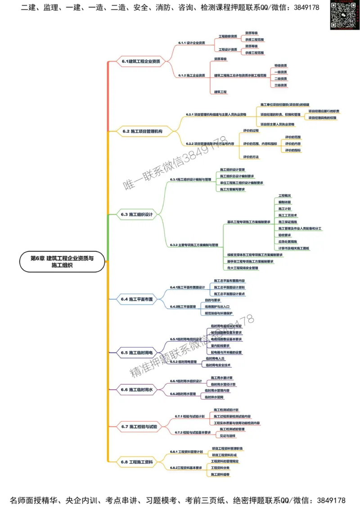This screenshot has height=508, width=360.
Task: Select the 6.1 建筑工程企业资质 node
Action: point(141,62)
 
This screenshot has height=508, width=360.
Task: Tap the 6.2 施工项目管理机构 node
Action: point(142,131)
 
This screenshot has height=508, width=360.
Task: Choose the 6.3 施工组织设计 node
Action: point(137,214)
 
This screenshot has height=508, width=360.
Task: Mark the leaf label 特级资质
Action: point(281,66)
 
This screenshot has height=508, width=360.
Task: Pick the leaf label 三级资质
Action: point(281,85)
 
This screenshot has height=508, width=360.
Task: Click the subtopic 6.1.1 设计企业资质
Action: point(191,43)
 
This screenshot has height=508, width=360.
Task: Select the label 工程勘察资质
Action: point(228,36)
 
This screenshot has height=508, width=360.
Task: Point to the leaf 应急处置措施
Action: point(288,241)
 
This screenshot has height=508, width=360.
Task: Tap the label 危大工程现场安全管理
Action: point(243,268)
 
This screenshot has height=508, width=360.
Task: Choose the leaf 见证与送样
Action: point(227,436)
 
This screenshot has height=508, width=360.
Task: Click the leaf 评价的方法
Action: point(251,156)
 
